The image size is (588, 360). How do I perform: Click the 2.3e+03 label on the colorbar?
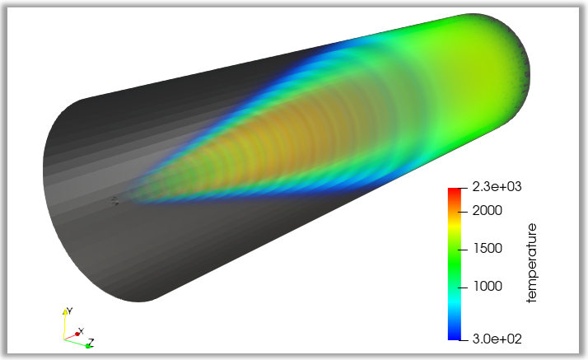[497, 187]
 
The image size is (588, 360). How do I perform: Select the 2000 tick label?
[488, 211]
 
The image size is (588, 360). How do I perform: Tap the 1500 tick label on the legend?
[488, 248]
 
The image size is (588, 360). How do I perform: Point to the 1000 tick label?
[488, 286]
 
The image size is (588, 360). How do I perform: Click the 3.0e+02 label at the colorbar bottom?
[497, 339]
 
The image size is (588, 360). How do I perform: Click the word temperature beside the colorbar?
[531, 263]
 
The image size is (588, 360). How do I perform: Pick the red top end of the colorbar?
[454, 190]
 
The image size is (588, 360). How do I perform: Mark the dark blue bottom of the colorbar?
[454, 336]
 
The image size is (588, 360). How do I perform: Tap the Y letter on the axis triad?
[70, 311]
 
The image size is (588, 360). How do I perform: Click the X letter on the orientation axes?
[82, 330]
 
